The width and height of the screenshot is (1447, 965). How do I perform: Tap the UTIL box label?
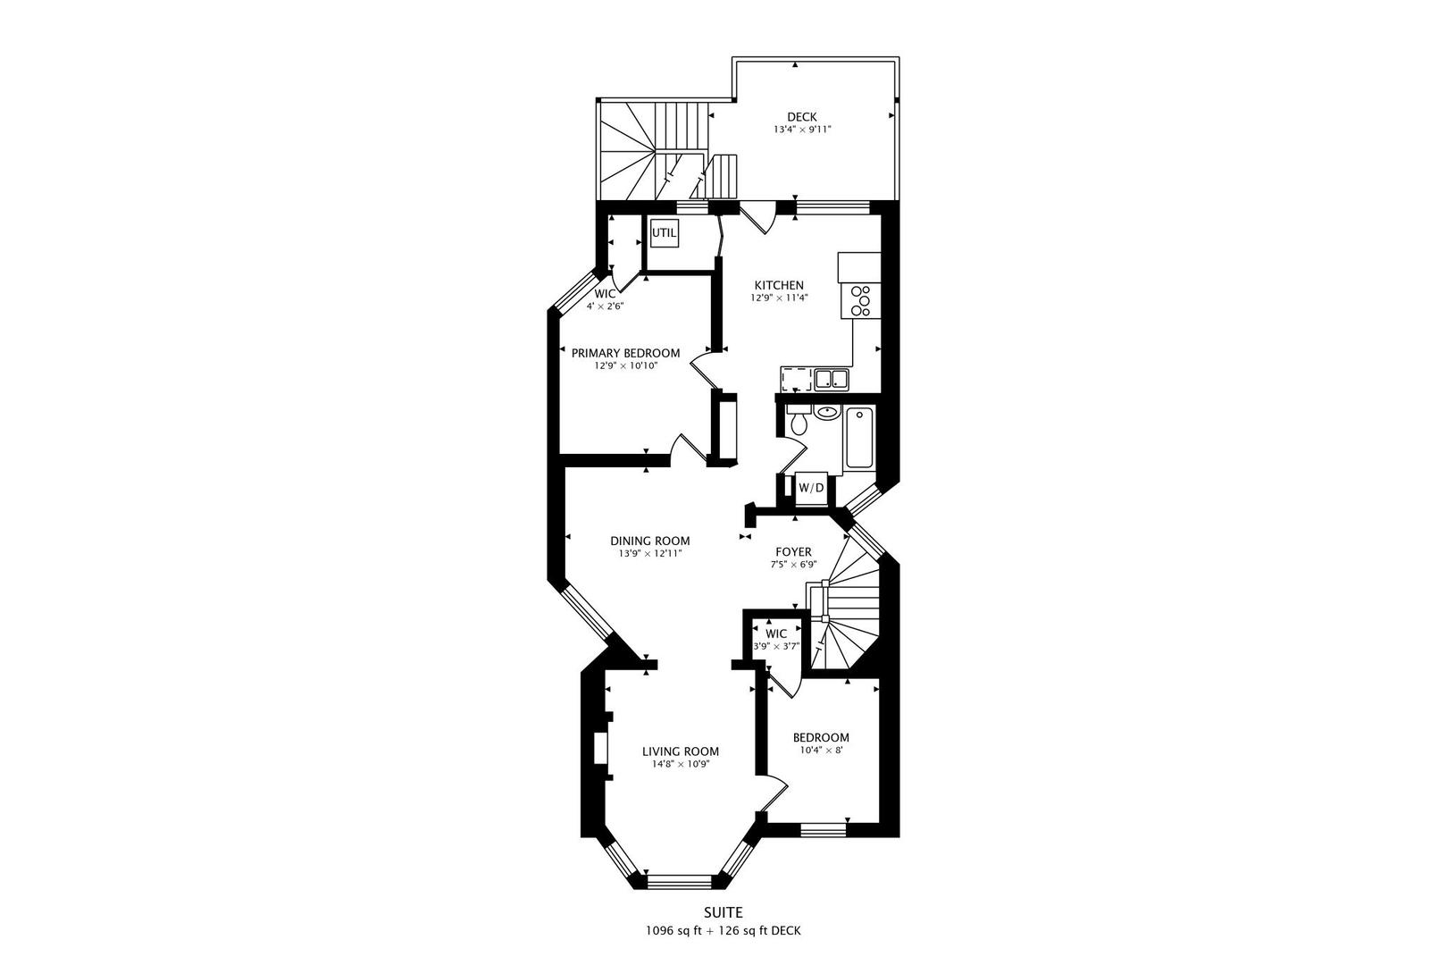[x=664, y=233]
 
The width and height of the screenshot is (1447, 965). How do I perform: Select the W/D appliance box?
[x=811, y=488]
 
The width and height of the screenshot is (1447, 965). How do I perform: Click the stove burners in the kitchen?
[x=862, y=300]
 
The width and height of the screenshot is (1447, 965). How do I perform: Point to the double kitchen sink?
[x=831, y=380]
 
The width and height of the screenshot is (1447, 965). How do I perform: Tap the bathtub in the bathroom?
[x=859, y=438]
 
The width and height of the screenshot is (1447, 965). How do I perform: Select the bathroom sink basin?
[x=827, y=413]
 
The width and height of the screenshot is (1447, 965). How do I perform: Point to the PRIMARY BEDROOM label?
[x=625, y=353]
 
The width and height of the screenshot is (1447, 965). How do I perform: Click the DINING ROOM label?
[x=650, y=541]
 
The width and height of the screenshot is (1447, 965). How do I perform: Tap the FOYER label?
[x=793, y=552]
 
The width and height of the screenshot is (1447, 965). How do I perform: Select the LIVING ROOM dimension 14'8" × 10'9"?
[x=681, y=764]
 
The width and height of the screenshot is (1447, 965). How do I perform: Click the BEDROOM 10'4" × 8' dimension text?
[x=821, y=751]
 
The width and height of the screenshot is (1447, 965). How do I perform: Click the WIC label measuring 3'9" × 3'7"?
[x=776, y=634]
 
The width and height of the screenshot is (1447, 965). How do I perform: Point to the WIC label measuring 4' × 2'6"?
[x=605, y=294]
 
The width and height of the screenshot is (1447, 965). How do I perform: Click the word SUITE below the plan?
[x=723, y=912]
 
